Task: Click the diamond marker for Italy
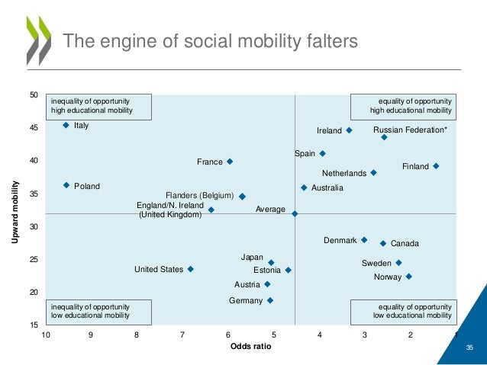[66, 125]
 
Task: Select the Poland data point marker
[66, 185]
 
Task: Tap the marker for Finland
[436, 166]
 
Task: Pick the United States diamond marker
[190, 269]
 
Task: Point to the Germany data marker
[270, 300]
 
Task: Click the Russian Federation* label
[411, 130]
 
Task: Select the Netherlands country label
[343, 174]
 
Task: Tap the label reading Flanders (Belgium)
[200, 196]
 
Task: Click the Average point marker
[295, 214]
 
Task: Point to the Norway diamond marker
[408, 277]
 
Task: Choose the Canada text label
[405, 244]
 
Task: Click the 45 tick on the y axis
[34, 129]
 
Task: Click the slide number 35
[470, 347]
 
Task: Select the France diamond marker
[230, 162]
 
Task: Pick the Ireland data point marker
[349, 130]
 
